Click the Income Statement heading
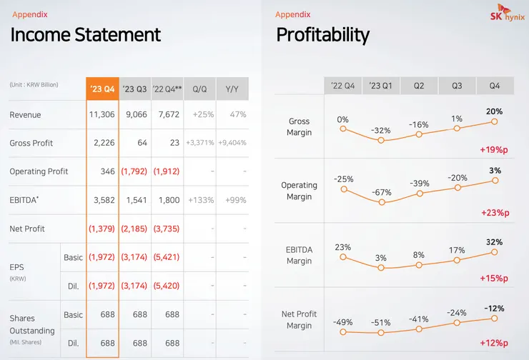pos(86,34)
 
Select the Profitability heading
pos(322,34)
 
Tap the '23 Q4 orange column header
pos(102,89)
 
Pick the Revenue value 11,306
pos(102,115)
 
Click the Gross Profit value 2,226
pos(104,143)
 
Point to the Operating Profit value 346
pos(108,171)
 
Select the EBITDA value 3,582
pos(104,200)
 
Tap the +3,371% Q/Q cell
pos(199,143)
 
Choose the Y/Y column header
pos(232,89)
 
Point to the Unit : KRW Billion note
pos(34,85)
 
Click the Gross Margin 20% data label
pos(494,111)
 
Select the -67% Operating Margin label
pos(380,192)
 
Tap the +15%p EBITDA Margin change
pos(494,278)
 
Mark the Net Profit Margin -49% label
pos(342,321)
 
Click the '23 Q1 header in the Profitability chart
pos(380,86)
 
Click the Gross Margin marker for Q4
pos(494,122)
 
